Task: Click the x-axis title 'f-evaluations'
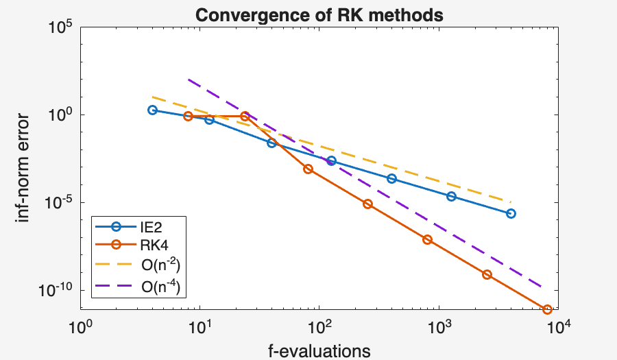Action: pyautogui.click(x=319, y=350)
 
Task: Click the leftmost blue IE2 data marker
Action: pyautogui.click(x=152, y=110)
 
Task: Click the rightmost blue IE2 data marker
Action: pyautogui.click(x=511, y=213)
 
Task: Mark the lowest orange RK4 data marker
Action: pyautogui.click(x=547, y=309)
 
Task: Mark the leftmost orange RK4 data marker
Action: pyautogui.click(x=188, y=117)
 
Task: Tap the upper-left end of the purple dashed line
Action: pyautogui.click(x=189, y=80)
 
